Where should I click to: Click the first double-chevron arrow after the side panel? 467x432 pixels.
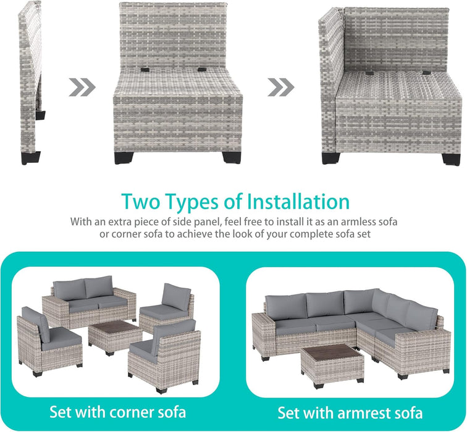(82, 87)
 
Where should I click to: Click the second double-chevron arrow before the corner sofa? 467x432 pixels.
(281, 87)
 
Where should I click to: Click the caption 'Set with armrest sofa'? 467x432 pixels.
(350, 412)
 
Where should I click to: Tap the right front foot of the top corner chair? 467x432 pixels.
(451, 157)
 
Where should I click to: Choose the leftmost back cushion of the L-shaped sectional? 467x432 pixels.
(285, 306)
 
